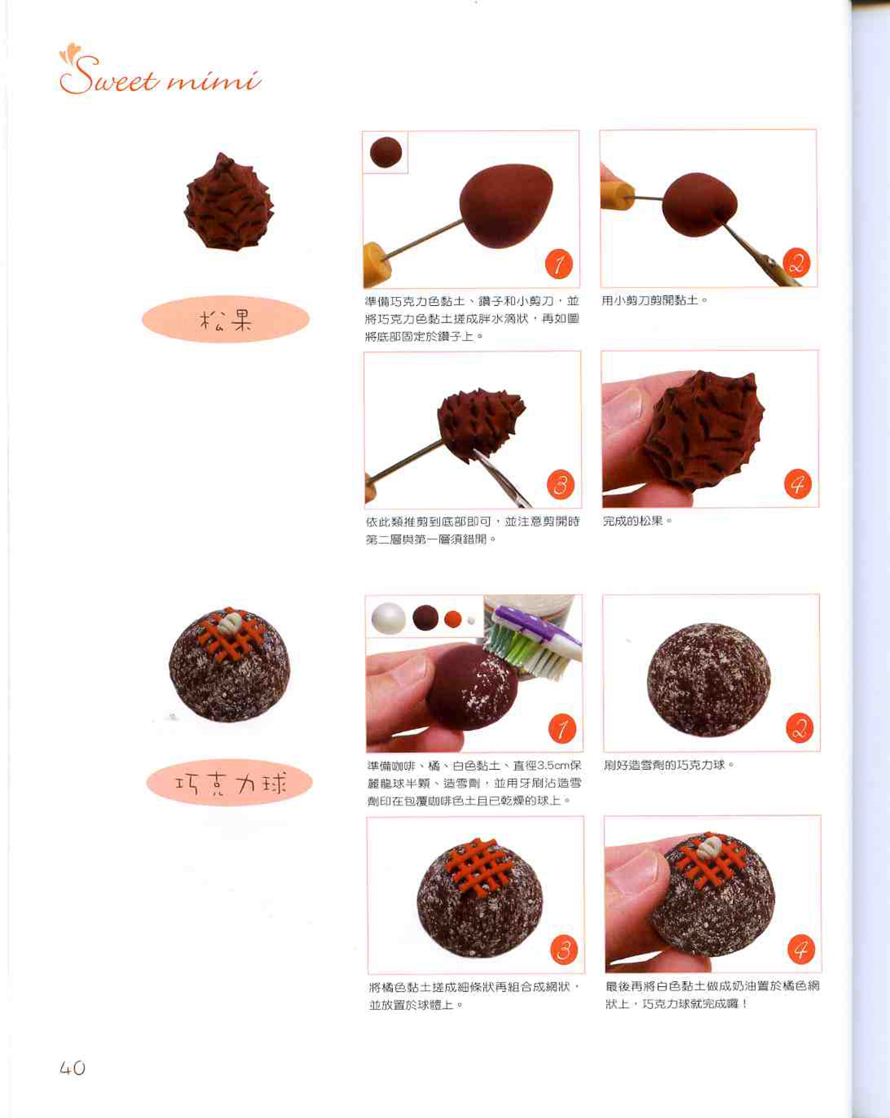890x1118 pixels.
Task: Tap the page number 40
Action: [x=72, y=1068]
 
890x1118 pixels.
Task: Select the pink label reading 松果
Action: [x=225, y=319]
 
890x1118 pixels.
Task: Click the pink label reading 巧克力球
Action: [x=229, y=783]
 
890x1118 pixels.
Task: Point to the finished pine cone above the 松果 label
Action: [x=229, y=202]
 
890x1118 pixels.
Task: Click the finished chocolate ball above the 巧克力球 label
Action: [x=229, y=665]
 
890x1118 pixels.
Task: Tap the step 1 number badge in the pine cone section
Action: [x=559, y=264]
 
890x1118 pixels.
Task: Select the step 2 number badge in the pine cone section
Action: [x=796, y=263]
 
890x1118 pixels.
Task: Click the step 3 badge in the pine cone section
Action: [x=561, y=485]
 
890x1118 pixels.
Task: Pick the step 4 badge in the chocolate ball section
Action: [x=801, y=950]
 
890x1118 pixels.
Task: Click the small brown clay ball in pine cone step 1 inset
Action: [x=386, y=152]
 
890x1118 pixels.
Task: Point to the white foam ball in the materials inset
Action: [x=389, y=618]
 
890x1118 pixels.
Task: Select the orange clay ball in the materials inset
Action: [x=453, y=618]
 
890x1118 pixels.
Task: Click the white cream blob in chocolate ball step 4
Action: [x=709, y=848]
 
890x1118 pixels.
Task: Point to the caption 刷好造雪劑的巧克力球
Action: [x=669, y=765]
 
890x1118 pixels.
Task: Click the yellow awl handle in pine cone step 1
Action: [x=377, y=264]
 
